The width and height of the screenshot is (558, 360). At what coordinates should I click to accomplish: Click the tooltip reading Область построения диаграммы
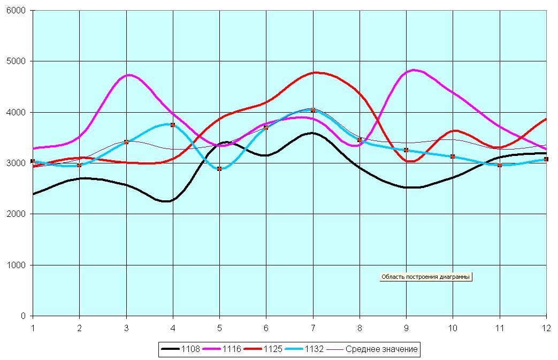[x=426, y=277]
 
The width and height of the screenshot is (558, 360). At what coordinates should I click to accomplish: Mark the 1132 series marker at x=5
[x=219, y=169]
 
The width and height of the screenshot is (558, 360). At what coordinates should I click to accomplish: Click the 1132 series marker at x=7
[x=313, y=110]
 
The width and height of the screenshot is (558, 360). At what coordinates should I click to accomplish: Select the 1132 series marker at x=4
[x=173, y=124]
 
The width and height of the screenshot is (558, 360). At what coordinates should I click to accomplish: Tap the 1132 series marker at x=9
[x=406, y=150]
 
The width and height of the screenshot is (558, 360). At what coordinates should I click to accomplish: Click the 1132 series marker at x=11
[x=499, y=165]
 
